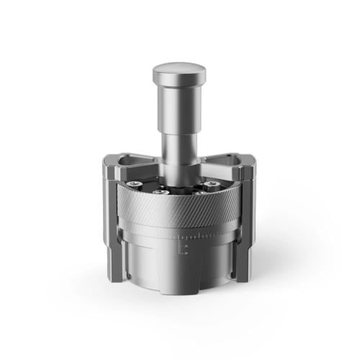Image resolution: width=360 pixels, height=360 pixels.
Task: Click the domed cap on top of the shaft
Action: pos(179,71)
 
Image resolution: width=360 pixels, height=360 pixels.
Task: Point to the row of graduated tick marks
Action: pos(205,235)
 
